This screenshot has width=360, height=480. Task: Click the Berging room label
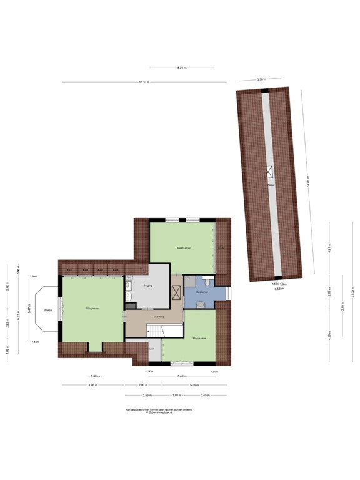coord(148,286)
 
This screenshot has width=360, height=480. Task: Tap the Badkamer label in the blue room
coord(201,292)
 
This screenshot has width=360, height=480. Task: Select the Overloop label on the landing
coord(159,317)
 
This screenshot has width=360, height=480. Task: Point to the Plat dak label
coord(47,311)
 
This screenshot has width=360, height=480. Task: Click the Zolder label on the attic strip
coord(271,186)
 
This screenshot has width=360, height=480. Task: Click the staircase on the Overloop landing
coord(154,331)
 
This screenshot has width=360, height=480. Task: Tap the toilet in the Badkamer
coord(199,304)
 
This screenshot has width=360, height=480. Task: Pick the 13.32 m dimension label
coord(143,82)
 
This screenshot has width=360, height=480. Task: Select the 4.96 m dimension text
coord(92,385)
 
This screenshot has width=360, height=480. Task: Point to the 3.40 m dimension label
coord(205,396)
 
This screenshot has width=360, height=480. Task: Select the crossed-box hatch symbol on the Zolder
coord(271,170)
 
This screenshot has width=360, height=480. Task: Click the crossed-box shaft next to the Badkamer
coord(177,291)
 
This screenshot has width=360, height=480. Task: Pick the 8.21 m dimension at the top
coord(182,67)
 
